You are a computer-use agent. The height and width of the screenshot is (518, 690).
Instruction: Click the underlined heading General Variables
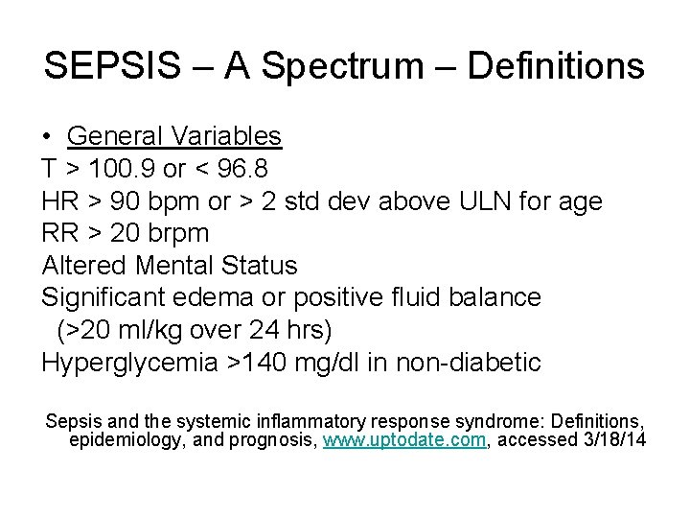(174, 136)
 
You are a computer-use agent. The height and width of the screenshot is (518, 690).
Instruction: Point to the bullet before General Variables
(47, 137)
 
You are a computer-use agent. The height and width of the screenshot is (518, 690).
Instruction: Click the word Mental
(177, 266)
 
